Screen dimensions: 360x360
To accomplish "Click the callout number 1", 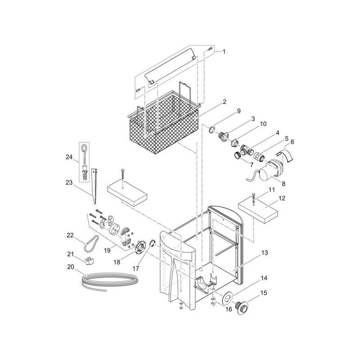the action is point(224,52).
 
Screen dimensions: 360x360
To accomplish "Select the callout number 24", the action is point(69,157).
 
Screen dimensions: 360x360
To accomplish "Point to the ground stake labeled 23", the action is point(94,186).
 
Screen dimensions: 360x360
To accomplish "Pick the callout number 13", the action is point(265,253).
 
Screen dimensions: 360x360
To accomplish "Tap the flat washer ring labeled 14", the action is point(227,298).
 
